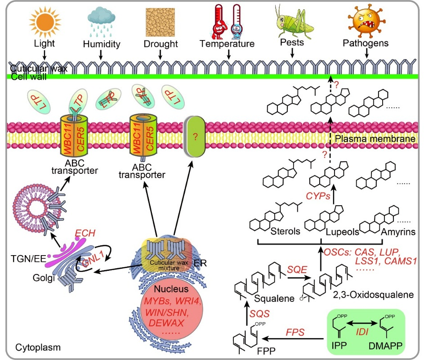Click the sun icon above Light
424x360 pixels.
click(44, 22)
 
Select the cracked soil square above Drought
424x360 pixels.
click(161, 22)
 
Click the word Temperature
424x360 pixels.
click(227, 44)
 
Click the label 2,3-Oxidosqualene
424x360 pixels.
click(362, 295)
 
